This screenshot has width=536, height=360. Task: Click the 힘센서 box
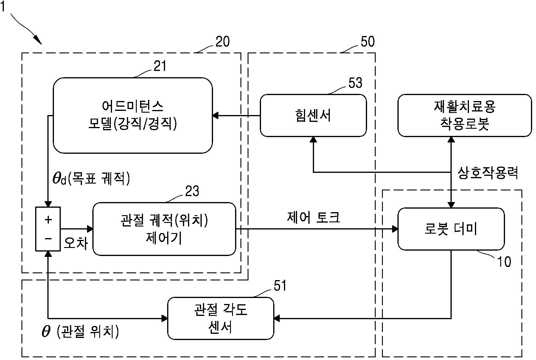click(313, 115)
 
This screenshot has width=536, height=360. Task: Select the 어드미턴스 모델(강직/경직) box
click(133, 115)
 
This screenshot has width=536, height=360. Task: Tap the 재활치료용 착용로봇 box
click(464, 115)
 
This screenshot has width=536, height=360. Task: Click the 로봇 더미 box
click(451, 229)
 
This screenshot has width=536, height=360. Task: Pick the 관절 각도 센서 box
click(220, 318)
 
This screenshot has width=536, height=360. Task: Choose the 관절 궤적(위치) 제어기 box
click(164, 229)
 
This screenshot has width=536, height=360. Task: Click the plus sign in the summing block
click(48, 220)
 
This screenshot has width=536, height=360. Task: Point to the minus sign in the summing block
click(48, 238)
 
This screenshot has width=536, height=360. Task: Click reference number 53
click(355, 83)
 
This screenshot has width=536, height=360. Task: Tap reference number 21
click(160, 66)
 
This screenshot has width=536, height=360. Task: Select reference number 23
click(192, 191)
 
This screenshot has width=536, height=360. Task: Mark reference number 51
click(280, 286)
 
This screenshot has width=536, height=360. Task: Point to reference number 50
click(368, 42)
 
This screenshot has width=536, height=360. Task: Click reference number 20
click(223, 42)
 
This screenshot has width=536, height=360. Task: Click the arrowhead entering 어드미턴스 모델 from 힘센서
click(216, 116)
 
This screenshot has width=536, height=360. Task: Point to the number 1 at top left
click(3, 7)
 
